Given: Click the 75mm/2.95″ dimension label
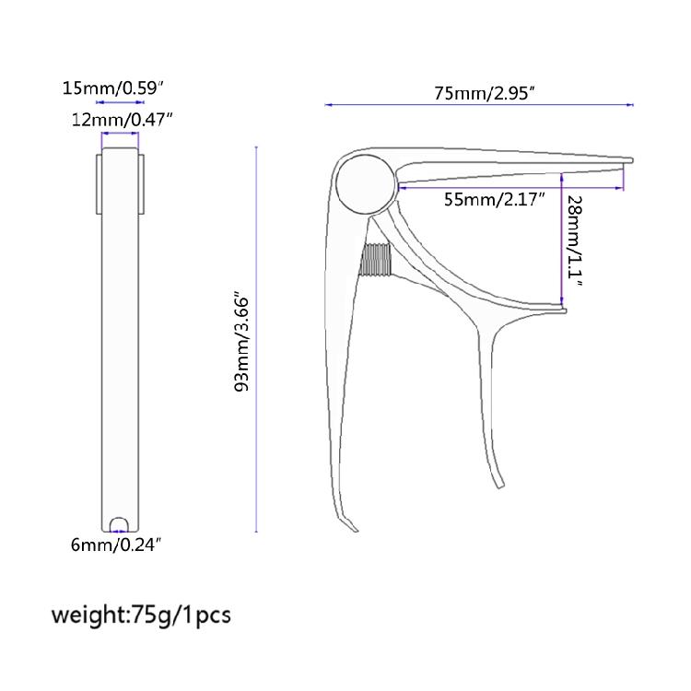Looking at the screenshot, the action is pos(485,93).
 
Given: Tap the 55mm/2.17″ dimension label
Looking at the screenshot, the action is pos(494,200).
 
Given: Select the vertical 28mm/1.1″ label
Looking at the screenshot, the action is pos(575,240).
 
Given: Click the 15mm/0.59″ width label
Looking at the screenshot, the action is pos(112,88).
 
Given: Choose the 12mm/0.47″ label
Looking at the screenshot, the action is pos(122,120).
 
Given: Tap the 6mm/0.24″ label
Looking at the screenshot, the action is pos(113,545).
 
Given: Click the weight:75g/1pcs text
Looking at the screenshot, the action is pos(141,615).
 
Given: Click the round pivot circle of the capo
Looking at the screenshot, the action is pos(366,184).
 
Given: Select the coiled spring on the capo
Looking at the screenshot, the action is pos(376,260).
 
